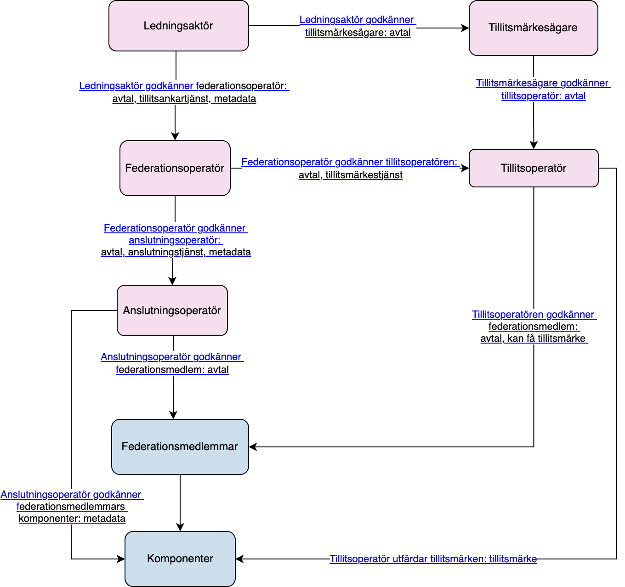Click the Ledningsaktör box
(x=179, y=26)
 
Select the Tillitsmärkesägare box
(x=534, y=28)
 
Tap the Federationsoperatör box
(x=175, y=168)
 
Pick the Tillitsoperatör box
(x=534, y=168)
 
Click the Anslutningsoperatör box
(x=172, y=310)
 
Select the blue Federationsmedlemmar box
(x=180, y=447)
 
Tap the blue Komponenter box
(x=180, y=559)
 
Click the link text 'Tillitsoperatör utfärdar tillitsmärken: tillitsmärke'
(x=433, y=559)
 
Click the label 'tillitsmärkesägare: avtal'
(x=358, y=33)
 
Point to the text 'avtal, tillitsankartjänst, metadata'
(x=184, y=99)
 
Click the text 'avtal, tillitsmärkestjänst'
(x=351, y=175)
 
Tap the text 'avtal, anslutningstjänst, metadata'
(x=176, y=252)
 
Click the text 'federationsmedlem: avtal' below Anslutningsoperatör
(x=172, y=370)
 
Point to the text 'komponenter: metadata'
(x=72, y=519)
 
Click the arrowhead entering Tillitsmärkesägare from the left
(x=465, y=28)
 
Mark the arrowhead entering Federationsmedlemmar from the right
(x=253, y=447)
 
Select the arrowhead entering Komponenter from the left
(x=121, y=559)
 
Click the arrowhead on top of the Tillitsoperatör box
(x=534, y=145)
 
